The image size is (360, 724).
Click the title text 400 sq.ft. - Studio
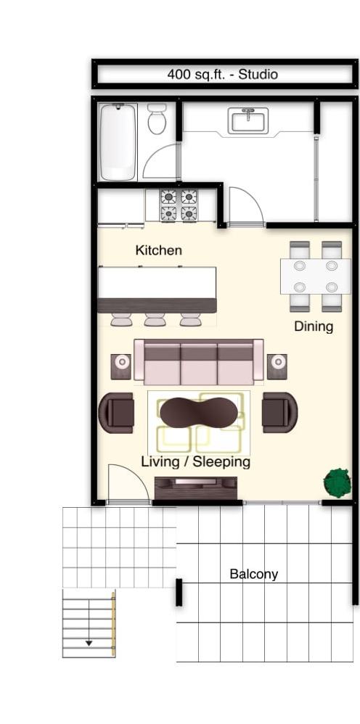tap(222, 74)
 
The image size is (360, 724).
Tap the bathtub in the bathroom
tap(118, 141)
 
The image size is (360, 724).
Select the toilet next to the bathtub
tap(157, 119)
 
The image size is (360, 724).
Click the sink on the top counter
tap(248, 120)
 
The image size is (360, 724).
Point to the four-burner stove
tap(179, 205)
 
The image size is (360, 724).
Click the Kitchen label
tap(158, 250)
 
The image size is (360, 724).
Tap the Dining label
tap(314, 326)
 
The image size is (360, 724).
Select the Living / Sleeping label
tap(195, 461)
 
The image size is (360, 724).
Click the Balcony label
tap(253, 574)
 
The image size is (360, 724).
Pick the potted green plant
tap(337, 482)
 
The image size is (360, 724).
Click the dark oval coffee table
tap(198, 412)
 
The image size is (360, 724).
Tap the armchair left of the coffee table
tap(116, 413)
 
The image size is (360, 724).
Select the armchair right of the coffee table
tap(279, 412)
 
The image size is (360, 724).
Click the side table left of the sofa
tap(121, 366)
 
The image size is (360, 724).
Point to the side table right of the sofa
tap(277, 366)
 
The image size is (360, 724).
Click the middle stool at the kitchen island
tap(155, 319)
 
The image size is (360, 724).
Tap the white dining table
tap(315, 276)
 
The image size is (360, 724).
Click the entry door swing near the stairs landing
tap(121, 485)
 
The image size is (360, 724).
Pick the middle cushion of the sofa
tap(198, 363)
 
